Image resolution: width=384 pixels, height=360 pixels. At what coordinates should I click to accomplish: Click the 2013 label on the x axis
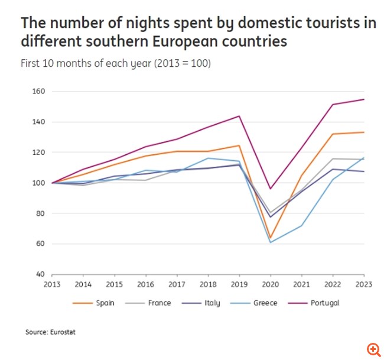click(53, 284)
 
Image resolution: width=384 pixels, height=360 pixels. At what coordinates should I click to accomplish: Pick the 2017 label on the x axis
click(177, 284)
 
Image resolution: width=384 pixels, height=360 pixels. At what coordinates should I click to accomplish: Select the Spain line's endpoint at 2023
click(364, 132)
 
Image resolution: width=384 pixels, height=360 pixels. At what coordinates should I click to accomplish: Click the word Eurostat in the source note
click(63, 332)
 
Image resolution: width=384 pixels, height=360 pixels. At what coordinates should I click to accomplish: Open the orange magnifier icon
click(373, 349)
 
